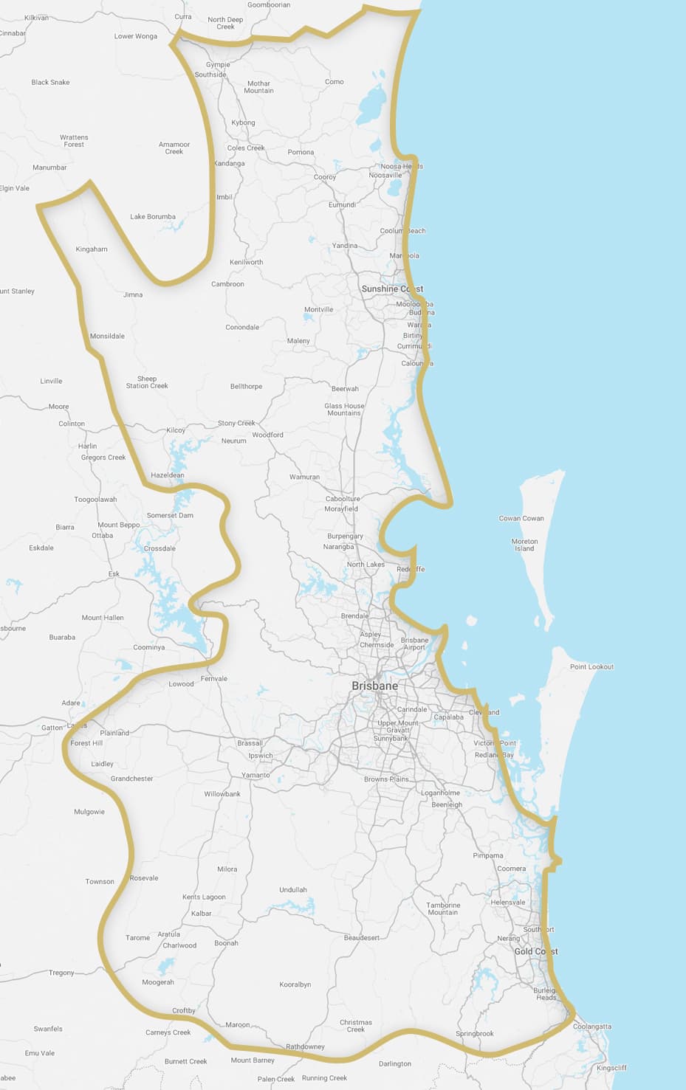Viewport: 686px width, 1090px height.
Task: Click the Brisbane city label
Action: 374,686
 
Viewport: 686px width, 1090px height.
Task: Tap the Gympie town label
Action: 218,65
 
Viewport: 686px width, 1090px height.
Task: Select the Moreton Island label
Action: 524,545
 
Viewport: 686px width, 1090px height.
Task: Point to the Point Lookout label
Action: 591,667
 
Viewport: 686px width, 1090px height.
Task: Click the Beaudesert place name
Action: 362,938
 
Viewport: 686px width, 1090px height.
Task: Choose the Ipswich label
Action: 261,756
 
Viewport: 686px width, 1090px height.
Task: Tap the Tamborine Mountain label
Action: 443,908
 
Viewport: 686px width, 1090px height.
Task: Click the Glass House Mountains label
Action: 344,410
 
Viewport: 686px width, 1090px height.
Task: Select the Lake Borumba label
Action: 153,217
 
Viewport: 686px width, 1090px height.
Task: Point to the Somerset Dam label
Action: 170,516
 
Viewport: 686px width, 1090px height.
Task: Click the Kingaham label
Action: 92,249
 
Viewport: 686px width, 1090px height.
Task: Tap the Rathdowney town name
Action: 305,1046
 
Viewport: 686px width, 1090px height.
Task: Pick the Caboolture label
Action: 343,499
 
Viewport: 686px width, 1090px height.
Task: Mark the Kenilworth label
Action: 246,263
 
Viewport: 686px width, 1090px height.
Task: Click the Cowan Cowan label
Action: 521,519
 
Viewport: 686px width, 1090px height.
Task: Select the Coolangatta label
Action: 592,1027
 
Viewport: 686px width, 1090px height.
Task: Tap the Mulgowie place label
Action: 89,812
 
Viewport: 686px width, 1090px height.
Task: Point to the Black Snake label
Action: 50,83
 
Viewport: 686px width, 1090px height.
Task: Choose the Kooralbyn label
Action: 295,984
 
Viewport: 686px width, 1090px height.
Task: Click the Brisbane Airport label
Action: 414,644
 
